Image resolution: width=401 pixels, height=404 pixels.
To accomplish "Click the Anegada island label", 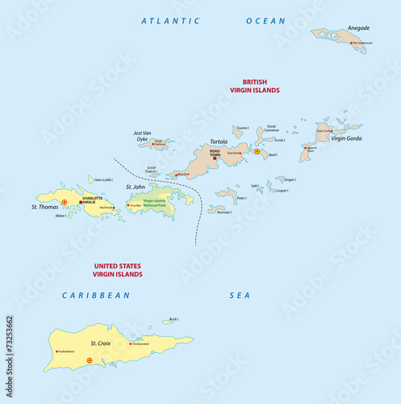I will (x=336, y=27).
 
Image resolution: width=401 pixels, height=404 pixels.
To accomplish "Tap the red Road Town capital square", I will (x=214, y=158).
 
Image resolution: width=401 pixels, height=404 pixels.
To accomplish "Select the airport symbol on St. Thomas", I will (x=65, y=201).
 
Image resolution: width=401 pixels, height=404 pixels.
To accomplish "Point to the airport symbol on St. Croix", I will (x=90, y=360).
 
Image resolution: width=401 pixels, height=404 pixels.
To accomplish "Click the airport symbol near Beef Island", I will (x=257, y=151).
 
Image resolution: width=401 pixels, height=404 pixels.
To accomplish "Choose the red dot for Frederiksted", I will (x=56, y=351).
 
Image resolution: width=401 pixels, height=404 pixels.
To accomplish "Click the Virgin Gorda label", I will (x=346, y=138).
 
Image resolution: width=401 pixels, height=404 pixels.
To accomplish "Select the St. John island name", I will (x=136, y=187).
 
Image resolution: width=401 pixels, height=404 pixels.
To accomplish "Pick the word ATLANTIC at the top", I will (x=171, y=20).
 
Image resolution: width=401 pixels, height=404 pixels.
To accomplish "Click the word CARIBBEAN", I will (x=96, y=296).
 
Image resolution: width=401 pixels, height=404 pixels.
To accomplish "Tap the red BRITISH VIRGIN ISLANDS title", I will (x=261, y=86).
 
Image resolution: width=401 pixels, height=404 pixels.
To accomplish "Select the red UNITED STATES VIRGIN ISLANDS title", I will (x=118, y=270).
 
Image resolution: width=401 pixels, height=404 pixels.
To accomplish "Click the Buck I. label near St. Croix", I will (x=173, y=319).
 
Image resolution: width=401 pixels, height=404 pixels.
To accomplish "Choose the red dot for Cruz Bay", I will (x=127, y=206).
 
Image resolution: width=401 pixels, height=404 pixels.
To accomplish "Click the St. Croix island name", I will (x=99, y=344).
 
